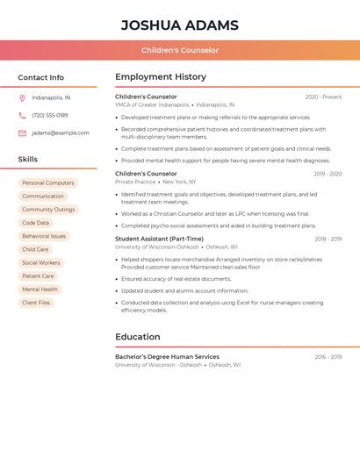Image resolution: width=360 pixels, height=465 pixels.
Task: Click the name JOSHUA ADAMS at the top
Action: click(x=179, y=25)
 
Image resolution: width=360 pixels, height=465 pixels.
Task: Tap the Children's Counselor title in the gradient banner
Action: click(x=180, y=50)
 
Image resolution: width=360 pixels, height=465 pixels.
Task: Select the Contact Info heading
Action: click(x=41, y=77)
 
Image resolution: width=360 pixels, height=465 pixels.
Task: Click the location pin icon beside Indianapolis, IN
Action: click(x=22, y=98)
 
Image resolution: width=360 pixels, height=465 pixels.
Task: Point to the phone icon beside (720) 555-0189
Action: click(x=22, y=116)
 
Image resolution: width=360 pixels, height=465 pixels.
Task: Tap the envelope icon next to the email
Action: click(x=22, y=133)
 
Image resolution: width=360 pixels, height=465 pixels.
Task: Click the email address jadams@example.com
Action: click(x=61, y=133)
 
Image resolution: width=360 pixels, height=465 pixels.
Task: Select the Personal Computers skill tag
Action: click(x=47, y=183)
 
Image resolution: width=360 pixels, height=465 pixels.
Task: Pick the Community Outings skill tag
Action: click(x=48, y=210)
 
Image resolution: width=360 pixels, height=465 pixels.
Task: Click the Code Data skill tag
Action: click(x=36, y=223)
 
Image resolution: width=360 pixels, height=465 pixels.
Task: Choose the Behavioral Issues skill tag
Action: click(x=44, y=236)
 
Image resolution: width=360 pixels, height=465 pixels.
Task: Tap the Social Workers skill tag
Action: click(x=41, y=263)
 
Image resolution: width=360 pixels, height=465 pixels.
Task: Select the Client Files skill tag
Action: click(x=36, y=303)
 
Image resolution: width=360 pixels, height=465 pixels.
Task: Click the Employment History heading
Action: click(x=161, y=77)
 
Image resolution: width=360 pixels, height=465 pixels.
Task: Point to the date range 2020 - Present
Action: click(x=323, y=97)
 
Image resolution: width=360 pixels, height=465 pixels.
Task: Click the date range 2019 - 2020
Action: click(x=328, y=175)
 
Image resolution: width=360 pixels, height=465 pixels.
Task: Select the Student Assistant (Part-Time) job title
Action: click(x=160, y=239)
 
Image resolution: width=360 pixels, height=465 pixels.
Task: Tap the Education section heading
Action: click(x=138, y=337)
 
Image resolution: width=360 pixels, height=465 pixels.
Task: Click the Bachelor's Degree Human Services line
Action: click(x=167, y=357)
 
